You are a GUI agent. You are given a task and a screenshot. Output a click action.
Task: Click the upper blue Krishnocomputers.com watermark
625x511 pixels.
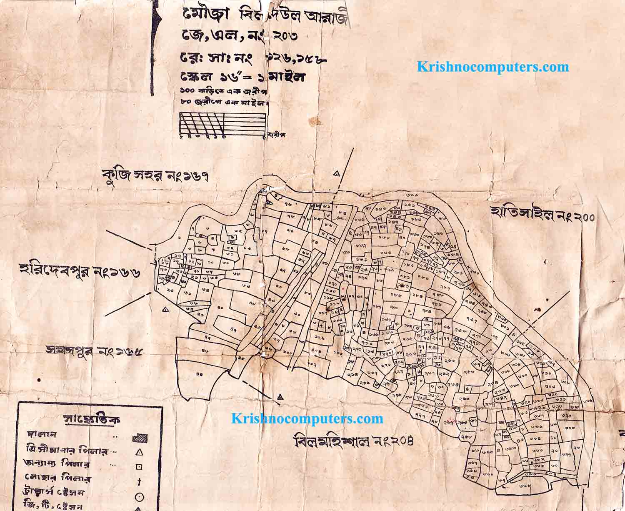click(x=493, y=67)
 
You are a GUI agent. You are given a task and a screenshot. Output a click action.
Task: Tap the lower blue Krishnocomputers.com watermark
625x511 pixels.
click(x=307, y=418)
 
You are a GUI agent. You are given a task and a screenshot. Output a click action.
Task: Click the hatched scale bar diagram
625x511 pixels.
click(x=223, y=124)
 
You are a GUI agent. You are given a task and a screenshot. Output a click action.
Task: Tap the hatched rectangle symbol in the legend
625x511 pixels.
click(x=140, y=438)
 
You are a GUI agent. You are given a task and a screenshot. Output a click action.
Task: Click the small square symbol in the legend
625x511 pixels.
click(x=140, y=467)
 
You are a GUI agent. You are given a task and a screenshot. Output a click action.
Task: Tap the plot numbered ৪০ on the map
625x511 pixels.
click(x=220, y=307)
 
